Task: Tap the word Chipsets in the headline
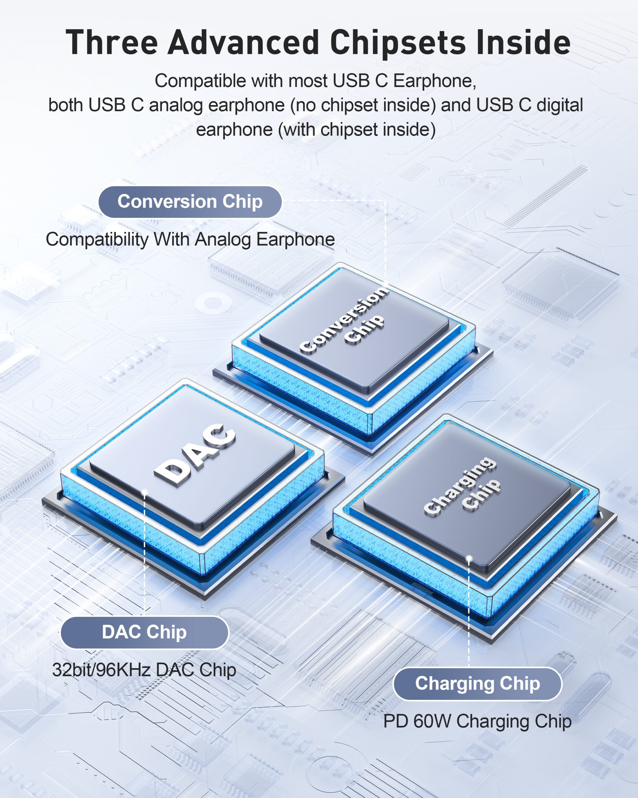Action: [x=398, y=43]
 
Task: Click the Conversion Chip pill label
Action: [x=190, y=202]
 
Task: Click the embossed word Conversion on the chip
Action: [x=344, y=319]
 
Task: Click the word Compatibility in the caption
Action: [x=97, y=239]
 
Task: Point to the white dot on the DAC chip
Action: [x=145, y=492]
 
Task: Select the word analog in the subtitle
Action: [x=176, y=105]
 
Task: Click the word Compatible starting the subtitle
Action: [x=200, y=81]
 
